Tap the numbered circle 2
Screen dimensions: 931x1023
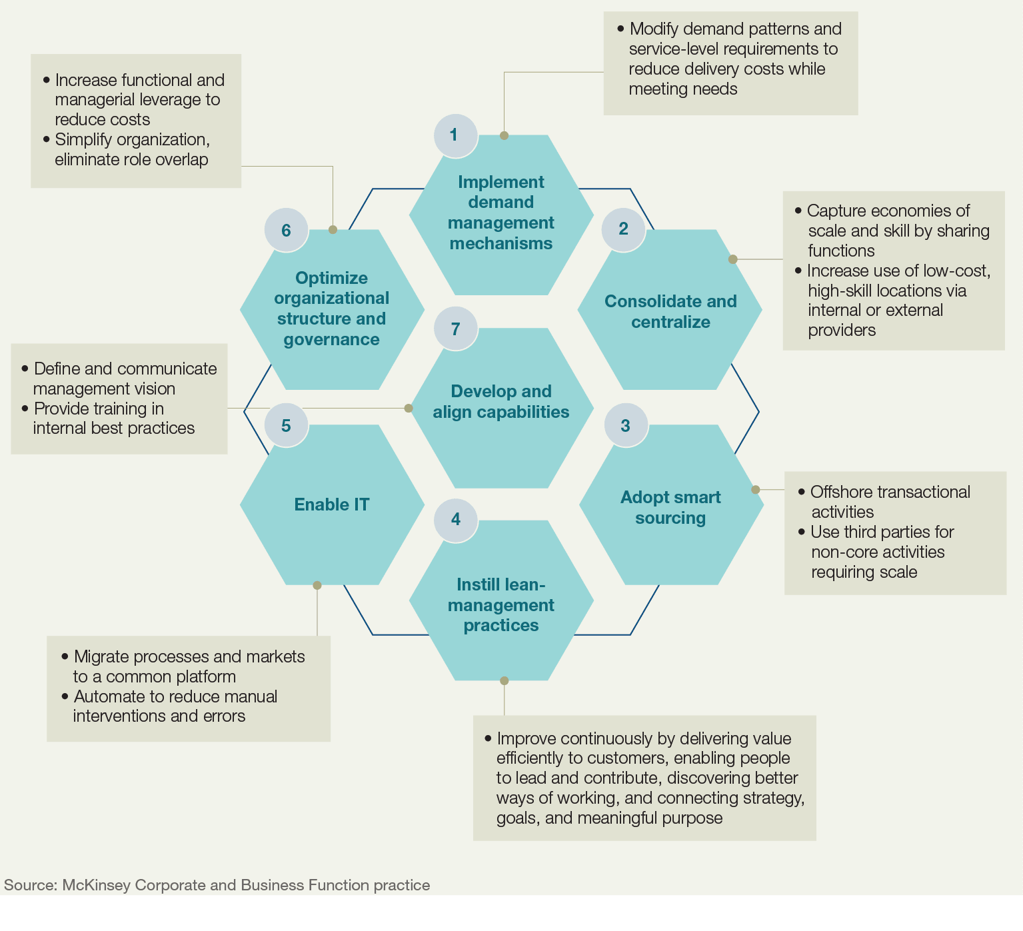623,229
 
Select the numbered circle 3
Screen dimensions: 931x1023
625,426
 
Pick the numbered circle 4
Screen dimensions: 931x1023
456,520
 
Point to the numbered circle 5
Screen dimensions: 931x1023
286,426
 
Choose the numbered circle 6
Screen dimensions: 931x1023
286,231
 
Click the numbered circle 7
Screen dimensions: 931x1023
455,329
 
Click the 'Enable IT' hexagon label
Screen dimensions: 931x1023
331,504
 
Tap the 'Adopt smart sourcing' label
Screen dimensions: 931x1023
670,507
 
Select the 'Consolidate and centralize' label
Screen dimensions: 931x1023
670,311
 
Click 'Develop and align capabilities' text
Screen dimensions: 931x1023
501,401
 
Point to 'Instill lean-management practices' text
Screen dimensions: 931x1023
501,604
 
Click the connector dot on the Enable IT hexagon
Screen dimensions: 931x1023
317,585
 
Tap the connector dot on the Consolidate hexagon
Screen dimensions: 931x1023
732,259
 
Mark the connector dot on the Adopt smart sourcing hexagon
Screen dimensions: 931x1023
755,489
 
